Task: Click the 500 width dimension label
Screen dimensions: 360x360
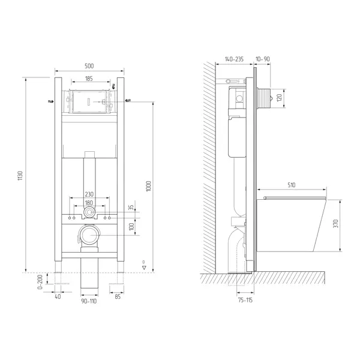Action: (x=89, y=66)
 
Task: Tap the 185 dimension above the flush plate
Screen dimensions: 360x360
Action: (x=89, y=79)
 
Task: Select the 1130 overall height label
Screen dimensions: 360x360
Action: (x=20, y=176)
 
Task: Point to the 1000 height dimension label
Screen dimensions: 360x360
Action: (x=149, y=186)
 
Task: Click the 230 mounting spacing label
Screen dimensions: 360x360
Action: (x=89, y=194)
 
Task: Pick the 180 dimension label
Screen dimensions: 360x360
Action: (x=89, y=203)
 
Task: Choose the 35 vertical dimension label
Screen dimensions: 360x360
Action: (x=131, y=208)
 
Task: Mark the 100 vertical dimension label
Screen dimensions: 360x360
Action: (x=131, y=227)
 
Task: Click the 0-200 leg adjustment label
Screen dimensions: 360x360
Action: (x=40, y=282)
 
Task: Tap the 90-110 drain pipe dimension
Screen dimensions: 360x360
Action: (x=89, y=301)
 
